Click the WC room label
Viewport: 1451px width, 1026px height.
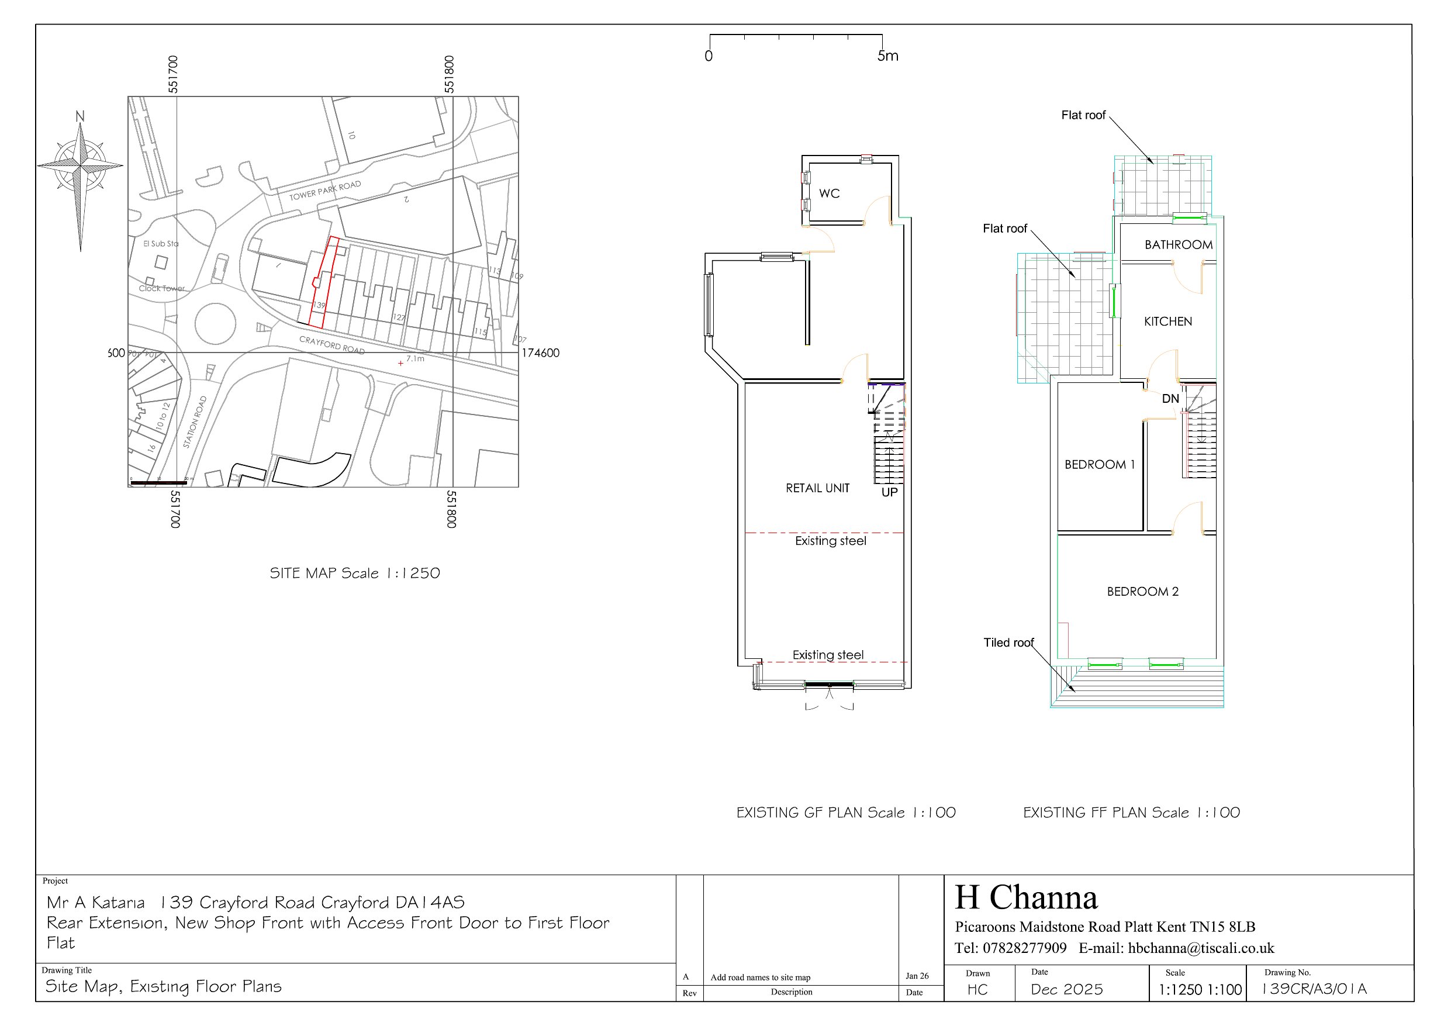829,194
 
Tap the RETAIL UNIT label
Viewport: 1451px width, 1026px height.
817,488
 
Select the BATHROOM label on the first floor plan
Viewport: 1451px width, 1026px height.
1178,244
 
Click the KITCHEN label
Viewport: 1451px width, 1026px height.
1168,321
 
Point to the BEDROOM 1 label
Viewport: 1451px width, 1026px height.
1100,465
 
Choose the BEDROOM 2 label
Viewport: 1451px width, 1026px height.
1142,592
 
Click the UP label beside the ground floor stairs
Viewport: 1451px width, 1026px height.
889,492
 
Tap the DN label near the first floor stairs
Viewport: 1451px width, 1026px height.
1170,399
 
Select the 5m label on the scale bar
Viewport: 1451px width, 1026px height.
887,56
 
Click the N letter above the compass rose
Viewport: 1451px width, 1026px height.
80,116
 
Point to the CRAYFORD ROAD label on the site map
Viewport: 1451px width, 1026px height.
332,344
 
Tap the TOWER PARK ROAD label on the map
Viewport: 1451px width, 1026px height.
325,190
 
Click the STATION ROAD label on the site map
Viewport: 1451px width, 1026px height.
195,422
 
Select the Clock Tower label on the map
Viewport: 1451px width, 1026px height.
162,288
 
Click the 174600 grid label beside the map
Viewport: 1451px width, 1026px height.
540,353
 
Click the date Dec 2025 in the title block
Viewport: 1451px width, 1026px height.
1067,989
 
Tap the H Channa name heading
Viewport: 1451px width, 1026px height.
1027,897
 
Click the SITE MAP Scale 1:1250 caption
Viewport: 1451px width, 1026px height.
354,574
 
